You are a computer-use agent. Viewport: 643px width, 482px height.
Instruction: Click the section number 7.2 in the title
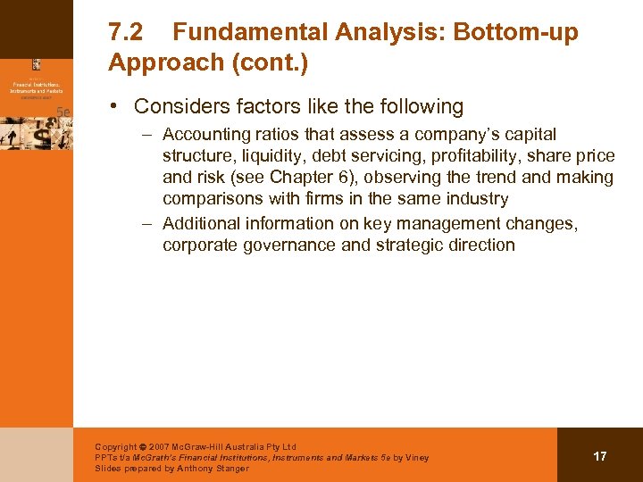click(127, 33)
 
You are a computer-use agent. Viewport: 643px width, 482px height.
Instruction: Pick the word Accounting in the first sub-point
click(206, 135)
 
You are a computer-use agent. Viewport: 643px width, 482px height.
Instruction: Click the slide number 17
click(599, 456)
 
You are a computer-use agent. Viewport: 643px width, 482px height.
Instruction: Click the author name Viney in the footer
click(415, 458)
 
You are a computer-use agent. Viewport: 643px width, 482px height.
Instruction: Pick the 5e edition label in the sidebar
click(63, 112)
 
